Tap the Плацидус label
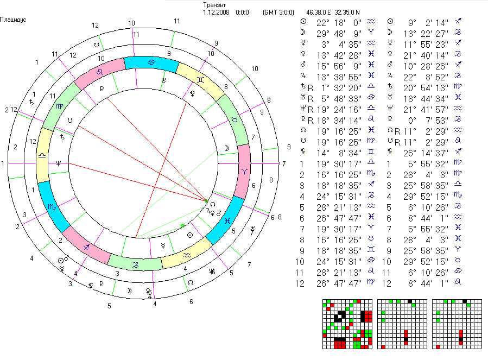[14, 20]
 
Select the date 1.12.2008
[216, 11]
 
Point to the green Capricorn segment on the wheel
[135, 263]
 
